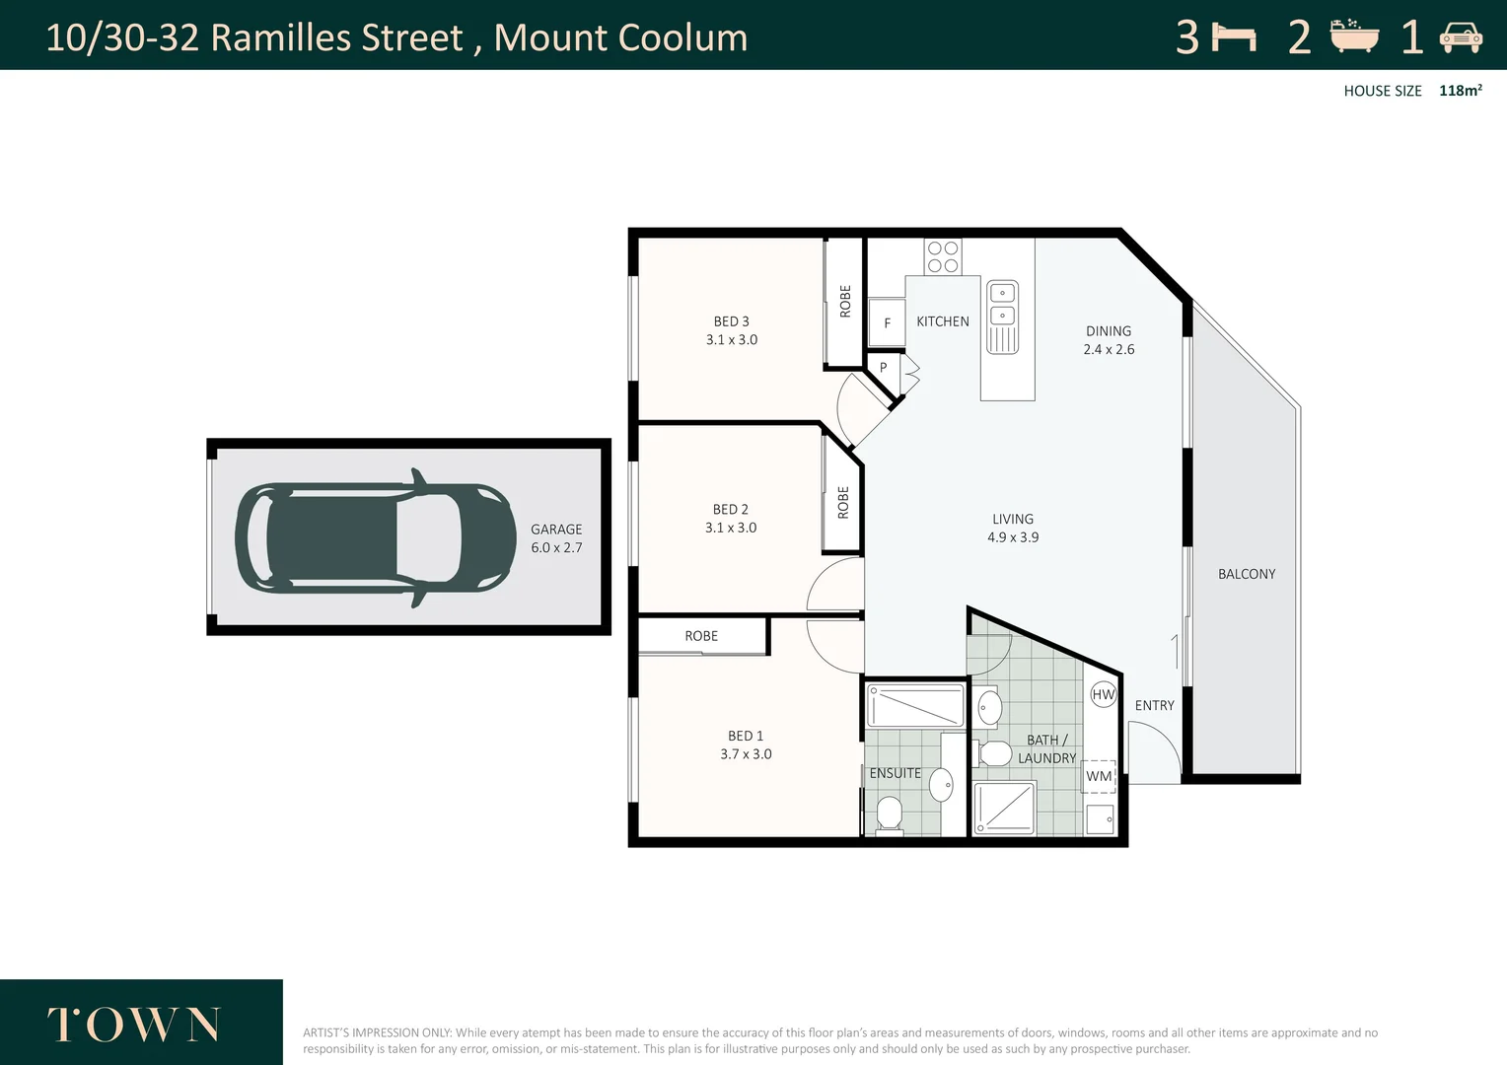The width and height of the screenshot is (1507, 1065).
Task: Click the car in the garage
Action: [376, 538]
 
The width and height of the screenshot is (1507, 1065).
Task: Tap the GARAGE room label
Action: [556, 530]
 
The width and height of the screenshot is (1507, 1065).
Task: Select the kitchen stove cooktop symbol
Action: [943, 256]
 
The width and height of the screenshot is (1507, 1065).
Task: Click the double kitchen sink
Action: [1002, 317]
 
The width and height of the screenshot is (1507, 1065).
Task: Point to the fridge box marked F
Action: [887, 322]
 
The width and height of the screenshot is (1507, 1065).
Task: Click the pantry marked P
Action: [884, 368]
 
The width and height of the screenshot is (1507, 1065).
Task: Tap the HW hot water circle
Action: [1104, 694]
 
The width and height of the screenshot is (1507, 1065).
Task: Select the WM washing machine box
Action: [1099, 776]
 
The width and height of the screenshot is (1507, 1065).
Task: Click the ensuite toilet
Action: [890, 816]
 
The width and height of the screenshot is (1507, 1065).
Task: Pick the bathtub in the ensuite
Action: [915, 706]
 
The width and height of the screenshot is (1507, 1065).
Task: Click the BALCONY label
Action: [1247, 574]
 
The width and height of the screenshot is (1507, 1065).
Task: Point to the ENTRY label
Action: [1155, 705]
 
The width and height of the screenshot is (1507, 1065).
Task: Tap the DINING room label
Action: [1109, 331]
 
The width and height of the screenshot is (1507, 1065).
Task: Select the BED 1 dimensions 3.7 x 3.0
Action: [746, 754]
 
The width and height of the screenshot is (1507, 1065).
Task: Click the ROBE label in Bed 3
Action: [845, 302]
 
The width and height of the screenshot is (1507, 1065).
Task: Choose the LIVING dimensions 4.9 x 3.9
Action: [1013, 537]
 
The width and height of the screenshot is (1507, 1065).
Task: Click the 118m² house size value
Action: [1461, 90]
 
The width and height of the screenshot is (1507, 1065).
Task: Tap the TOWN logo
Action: [134, 1025]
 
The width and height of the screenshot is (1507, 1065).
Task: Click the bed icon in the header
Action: [1234, 37]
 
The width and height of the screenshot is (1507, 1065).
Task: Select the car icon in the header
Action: [1461, 37]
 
